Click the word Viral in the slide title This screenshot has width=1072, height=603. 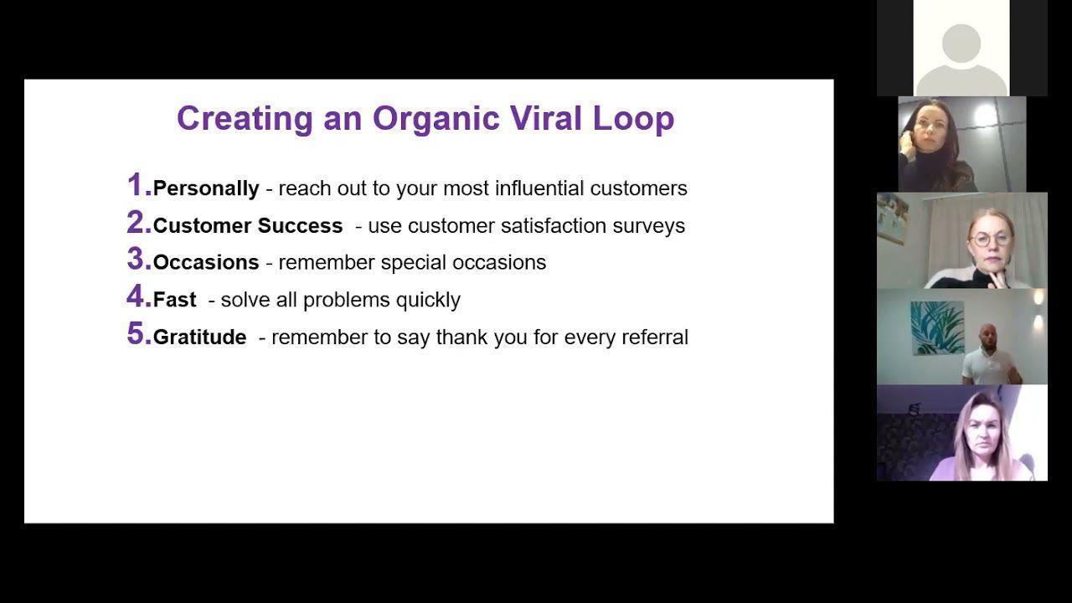545,118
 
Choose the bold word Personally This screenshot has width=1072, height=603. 206,188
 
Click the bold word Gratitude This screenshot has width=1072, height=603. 200,337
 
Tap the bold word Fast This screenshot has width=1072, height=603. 175,300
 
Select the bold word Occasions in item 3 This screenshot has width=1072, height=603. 206,262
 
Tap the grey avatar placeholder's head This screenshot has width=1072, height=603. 961,43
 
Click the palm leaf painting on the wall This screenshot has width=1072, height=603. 937,327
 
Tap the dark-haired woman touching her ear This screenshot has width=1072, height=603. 933,146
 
